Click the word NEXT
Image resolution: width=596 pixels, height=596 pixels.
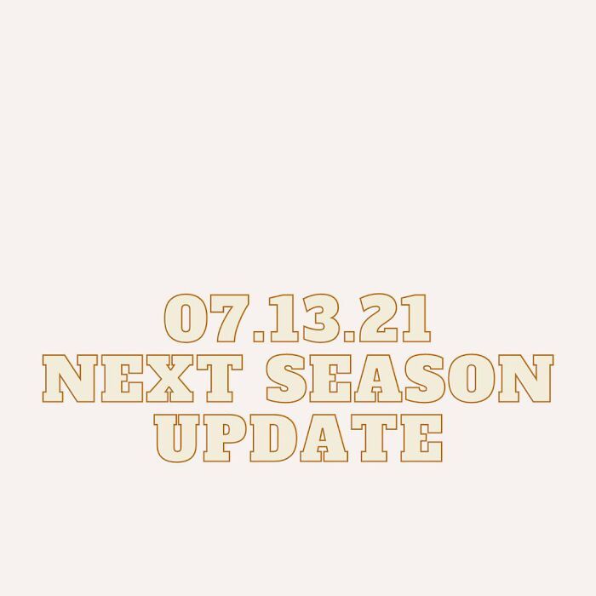pos(142,379)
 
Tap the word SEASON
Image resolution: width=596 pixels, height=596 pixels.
pos(410,379)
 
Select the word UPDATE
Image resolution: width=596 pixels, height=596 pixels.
pos(298,438)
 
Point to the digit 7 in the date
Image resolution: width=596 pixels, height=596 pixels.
pos(227,318)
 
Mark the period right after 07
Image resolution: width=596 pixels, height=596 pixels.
pos(260,335)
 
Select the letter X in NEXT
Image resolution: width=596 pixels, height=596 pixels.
pos(169,379)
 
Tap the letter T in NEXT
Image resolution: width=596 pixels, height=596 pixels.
pos(220,379)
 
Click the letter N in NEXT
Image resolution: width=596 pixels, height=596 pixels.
pos(70,379)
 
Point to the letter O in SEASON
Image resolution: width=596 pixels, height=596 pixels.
pos(471,379)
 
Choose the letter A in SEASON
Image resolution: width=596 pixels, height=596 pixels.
pos(376,379)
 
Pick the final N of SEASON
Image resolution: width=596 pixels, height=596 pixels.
pos(525,379)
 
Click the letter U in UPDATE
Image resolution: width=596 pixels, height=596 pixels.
pos(177,438)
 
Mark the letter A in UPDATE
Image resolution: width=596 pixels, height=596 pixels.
pos(323,438)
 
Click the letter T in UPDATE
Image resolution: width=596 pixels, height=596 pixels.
pos(374,438)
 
